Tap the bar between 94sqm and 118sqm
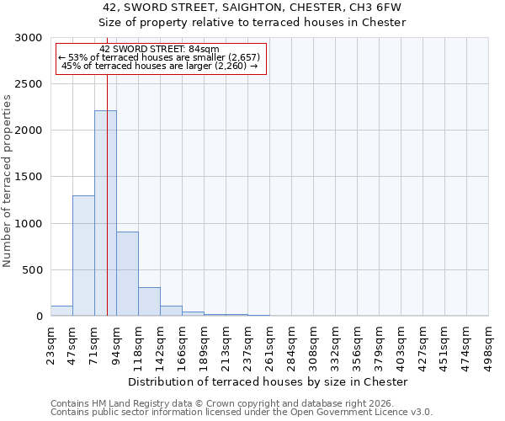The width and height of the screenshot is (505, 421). pyautogui.click(x=127, y=274)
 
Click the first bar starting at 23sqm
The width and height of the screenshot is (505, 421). pyautogui.click(x=61, y=311)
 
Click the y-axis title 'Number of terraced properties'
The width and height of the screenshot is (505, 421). pyautogui.click(x=8, y=180)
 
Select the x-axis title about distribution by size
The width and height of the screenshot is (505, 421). pyautogui.click(x=269, y=381)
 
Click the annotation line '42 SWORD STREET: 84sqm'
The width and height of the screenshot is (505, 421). pyautogui.click(x=159, y=49)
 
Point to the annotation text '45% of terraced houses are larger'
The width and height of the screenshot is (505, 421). pyautogui.click(x=159, y=66)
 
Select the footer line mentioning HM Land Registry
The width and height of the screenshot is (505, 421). pyautogui.click(x=226, y=403)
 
